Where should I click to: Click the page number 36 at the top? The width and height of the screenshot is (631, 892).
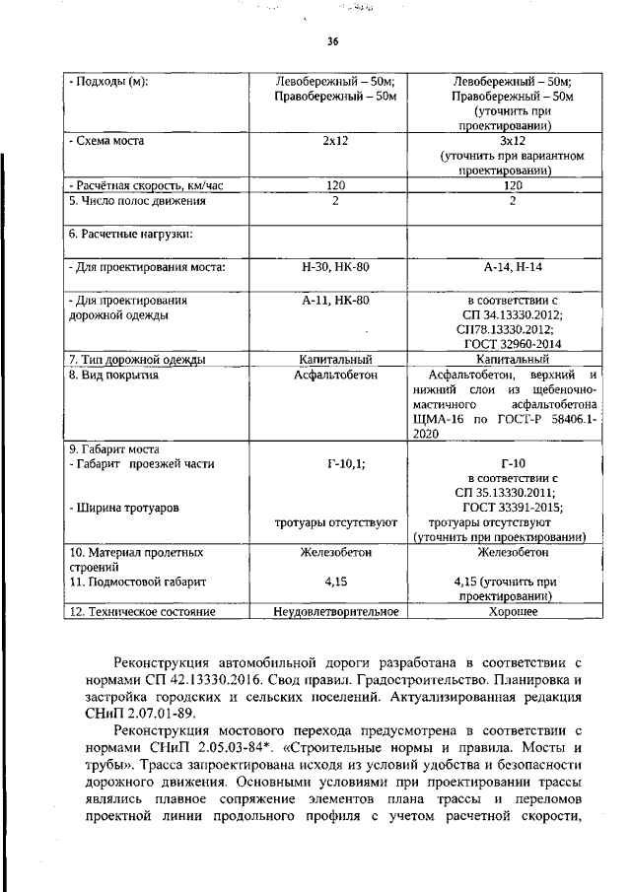(x=332, y=41)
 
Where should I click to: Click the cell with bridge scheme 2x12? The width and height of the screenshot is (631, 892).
(x=336, y=141)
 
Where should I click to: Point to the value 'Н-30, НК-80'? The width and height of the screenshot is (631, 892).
(x=336, y=267)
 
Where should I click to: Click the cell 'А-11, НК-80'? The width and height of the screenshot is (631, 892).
(x=336, y=299)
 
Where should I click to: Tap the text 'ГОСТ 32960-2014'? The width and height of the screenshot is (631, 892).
(x=512, y=344)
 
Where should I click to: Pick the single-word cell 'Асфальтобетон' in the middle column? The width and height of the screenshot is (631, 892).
(x=336, y=375)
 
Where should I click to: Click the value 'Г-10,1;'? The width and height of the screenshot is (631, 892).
(x=336, y=463)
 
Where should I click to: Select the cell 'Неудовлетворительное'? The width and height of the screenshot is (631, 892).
(x=336, y=612)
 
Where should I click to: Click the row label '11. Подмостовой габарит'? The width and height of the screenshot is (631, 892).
(x=140, y=583)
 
